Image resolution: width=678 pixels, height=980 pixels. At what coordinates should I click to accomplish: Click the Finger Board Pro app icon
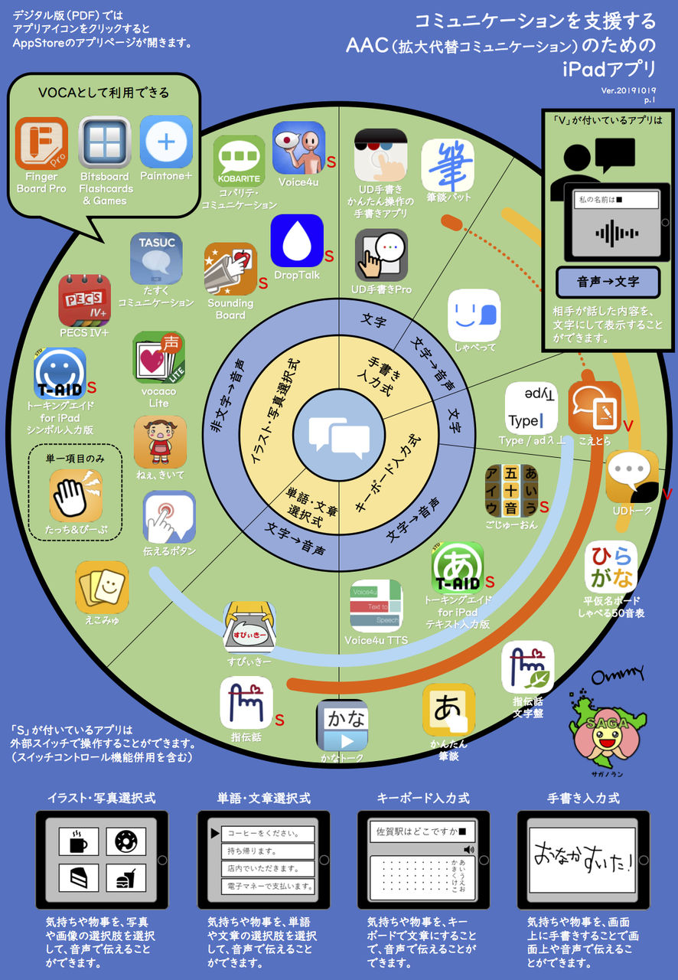pyautogui.click(x=41, y=144)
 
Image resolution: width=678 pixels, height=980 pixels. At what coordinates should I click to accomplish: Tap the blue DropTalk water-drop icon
pyautogui.click(x=297, y=240)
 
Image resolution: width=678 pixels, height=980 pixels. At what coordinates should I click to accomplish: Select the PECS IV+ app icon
pyautogui.click(x=84, y=300)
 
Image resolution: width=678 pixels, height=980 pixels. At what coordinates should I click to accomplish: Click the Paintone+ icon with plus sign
pyautogui.click(x=166, y=142)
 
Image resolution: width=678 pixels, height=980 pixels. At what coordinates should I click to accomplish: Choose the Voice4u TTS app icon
pyautogui.click(x=376, y=606)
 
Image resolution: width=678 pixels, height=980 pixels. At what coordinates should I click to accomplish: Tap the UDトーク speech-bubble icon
pyautogui.click(x=631, y=476)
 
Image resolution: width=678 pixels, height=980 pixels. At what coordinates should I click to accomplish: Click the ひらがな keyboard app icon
pyautogui.click(x=611, y=567)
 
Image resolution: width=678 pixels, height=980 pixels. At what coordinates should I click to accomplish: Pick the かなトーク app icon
pyautogui.click(x=342, y=724)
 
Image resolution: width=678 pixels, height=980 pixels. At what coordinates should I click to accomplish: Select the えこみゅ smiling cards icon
pyautogui.click(x=102, y=587)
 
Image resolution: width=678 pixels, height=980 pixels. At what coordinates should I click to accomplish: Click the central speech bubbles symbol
pyautogui.click(x=339, y=436)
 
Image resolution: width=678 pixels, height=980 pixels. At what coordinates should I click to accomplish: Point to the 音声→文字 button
pyautogui.click(x=608, y=282)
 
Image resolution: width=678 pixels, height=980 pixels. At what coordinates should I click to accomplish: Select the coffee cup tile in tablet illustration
pyautogui.click(x=80, y=842)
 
